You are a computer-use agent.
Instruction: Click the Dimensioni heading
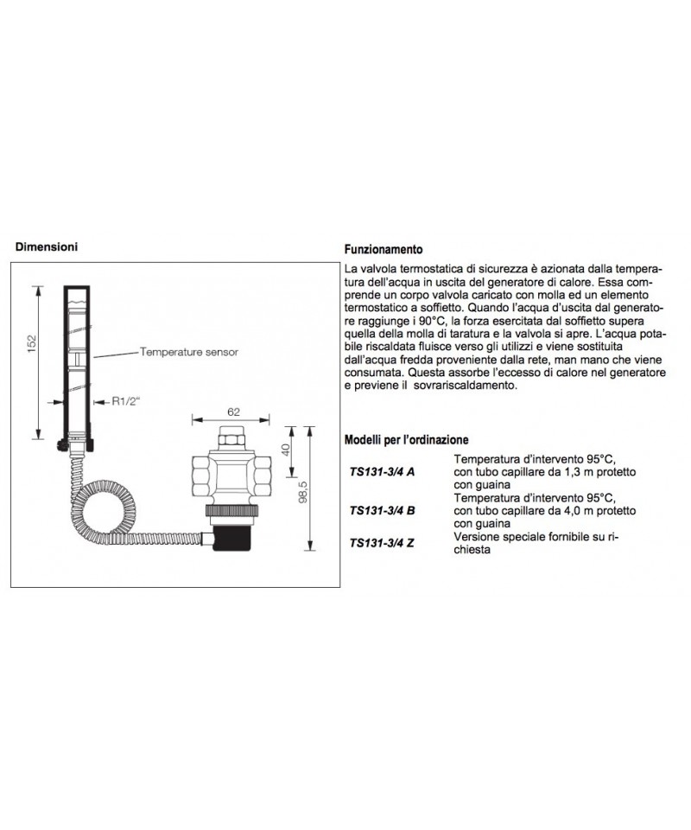click(x=48, y=246)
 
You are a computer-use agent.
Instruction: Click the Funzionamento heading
click(x=383, y=247)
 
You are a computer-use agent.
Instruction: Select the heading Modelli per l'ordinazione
click(x=406, y=439)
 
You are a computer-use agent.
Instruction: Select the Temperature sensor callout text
click(x=187, y=352)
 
